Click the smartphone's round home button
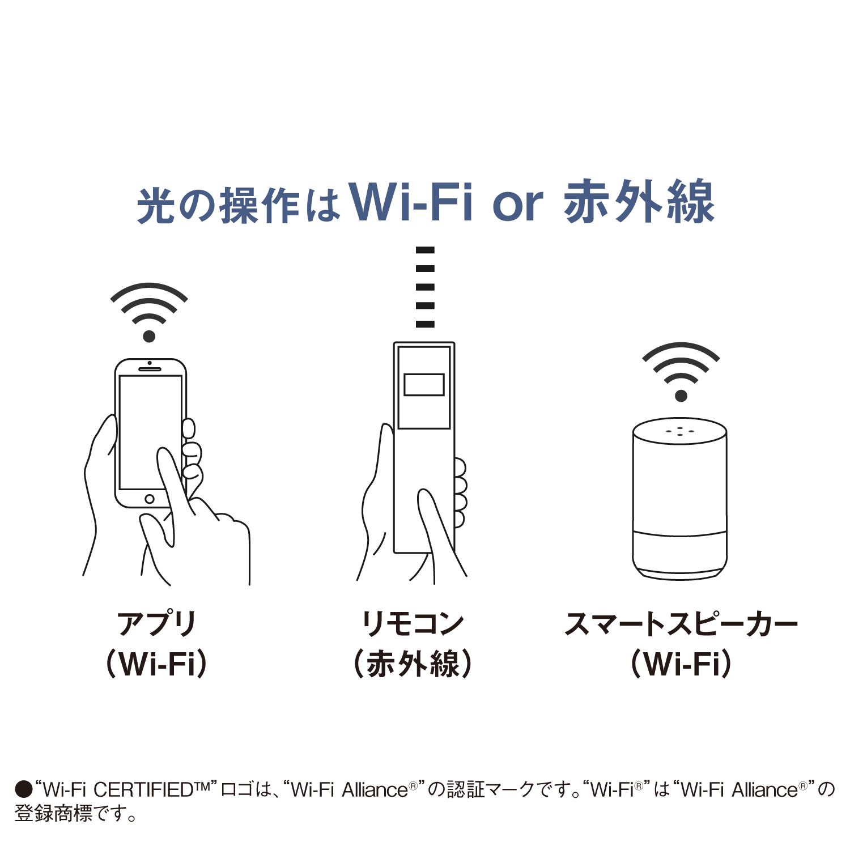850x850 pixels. point(150,499)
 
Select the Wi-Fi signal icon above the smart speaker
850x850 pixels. point(681,371)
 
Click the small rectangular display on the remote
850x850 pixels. point(424,384)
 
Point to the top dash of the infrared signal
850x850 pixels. point(425,250)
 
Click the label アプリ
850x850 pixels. point(156,624)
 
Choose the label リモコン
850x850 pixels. point(413,624)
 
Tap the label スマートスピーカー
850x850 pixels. point(681,624)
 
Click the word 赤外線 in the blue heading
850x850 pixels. point(639,202)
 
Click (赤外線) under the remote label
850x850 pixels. point(413,664)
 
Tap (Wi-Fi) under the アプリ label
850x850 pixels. point(157,664)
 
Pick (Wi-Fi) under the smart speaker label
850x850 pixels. point(681,664)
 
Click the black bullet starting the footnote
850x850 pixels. point(23,789)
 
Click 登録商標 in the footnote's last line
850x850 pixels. point(53,814)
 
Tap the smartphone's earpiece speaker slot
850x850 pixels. point(150,369)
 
